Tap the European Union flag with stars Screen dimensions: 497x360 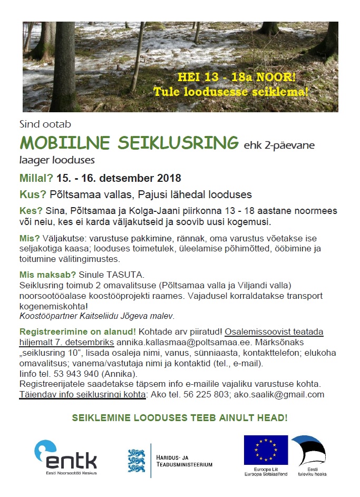click(x=265, y=450)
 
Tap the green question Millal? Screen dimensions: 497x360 click(x=36, y=178)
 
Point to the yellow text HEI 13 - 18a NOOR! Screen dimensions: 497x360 click(x=237, y=76)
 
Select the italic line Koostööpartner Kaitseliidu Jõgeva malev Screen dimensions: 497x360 click(x=96, y=316)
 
